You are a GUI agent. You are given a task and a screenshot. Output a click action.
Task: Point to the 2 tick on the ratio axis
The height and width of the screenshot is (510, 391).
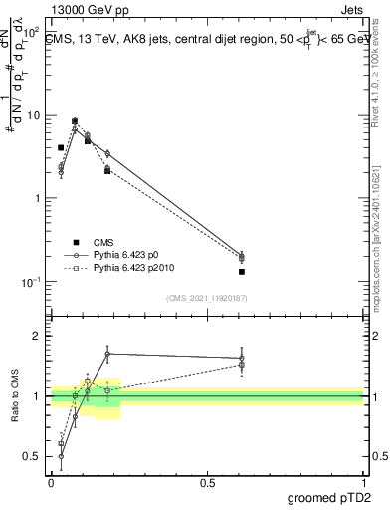pyautogui.click(x=38, y=336)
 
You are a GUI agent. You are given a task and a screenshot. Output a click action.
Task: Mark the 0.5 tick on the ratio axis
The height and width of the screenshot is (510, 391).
pyautogui.click(x=34, y=457)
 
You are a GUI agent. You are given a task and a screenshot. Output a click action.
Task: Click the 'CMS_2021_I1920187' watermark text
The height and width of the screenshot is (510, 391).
pyautogui.click(x=207, y=298)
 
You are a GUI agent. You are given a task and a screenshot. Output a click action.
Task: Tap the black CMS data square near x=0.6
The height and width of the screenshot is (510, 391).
pyautogui.click(x=242, y=271)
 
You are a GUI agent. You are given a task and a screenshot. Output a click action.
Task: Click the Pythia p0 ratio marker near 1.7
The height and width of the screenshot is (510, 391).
pyautogui.click(x=107, y=353)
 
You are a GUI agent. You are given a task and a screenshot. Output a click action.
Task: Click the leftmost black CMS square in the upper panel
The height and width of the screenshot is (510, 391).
pyautogui.click(x=61, y=147)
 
